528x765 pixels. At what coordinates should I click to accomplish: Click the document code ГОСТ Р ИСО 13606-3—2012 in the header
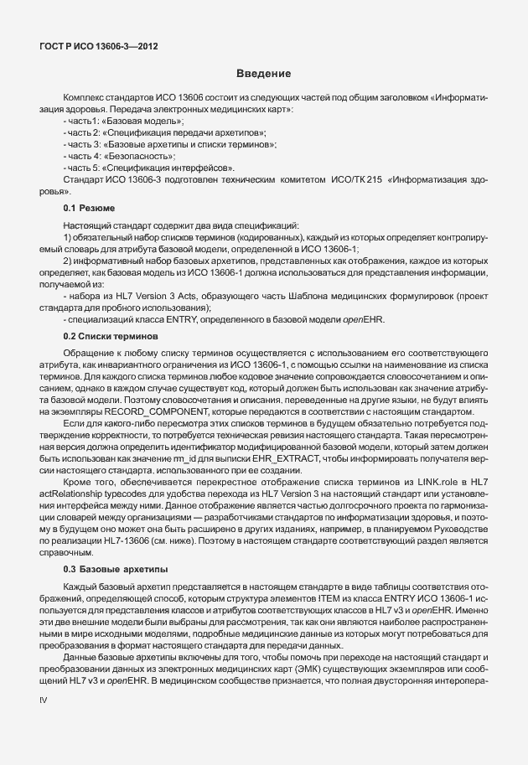(x=100, y=46)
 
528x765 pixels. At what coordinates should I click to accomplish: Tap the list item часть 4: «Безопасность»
(x=106, y=157)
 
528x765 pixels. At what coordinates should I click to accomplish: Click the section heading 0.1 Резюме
(x=88, y=207)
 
